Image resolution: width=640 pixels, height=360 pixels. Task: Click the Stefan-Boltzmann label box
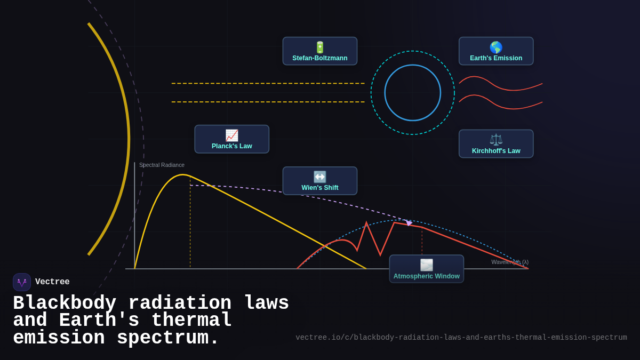pyautogui.click(x=320, y=51)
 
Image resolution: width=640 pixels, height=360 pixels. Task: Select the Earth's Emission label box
pyautogui.click(x=496, y=51)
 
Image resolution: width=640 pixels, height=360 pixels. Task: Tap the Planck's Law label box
pyautogui.click(x=232, y=139)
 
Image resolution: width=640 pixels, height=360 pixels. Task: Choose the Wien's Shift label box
pyautogui.click(x=320, y=181)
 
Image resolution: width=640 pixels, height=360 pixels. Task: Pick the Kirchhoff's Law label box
pyautogui.click(x=496, y=144)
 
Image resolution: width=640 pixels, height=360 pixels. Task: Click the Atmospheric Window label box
pyautogui.click(x=427, y=269)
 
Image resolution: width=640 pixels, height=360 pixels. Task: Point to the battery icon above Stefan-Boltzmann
pyautogui.click(x=320, y=47)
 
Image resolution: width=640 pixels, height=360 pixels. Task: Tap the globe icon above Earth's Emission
pyautogui.click(x=496, y=47)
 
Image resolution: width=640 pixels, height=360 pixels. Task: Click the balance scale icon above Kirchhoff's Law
pyautogui.click(x=496, y=139)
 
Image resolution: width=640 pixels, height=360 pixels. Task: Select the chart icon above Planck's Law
pyautogui.click(x=231, y=135)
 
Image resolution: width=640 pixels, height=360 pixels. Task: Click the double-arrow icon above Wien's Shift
pyautogui.click(x=320, y=177)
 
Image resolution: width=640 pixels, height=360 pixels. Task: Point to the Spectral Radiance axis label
pyautogui.click(x=162, y=165)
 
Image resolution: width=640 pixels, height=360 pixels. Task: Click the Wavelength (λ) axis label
pyautogui.click(x=510, y=262)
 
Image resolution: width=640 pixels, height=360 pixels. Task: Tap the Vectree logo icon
pyautogui.click(x=22, y=282)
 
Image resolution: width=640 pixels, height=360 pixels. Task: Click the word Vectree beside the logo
pyautogui.click(x=52, y=282)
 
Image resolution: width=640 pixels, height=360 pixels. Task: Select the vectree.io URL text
pyautogui.click(x=461, y=338)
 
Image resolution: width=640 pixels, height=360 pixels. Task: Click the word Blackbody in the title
pyautogui.click(x=65, y=303)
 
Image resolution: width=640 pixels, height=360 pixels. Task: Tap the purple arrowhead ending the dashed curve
pyautogui.click(x=409, y=222)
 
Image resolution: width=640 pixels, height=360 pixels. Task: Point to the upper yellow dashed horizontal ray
pyautogui.click(x=268, y=83)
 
